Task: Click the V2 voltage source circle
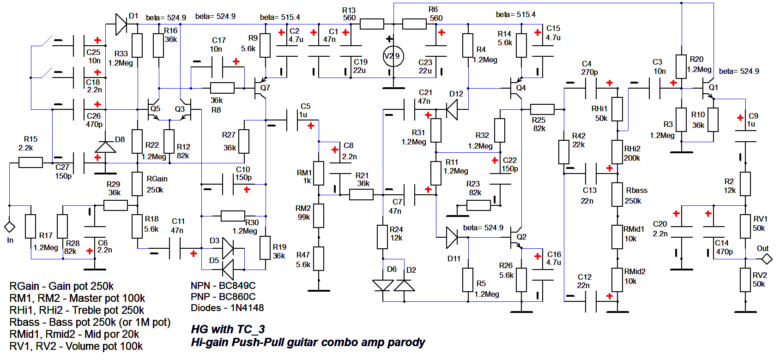point(393,56)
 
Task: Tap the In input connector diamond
point(9,227)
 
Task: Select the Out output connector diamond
point(767,258)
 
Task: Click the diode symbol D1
point(121,24)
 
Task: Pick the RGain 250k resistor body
point(137,184)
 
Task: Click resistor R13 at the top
point(372,24)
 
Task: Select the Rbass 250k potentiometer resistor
point(617,194)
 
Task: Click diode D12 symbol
point(452,109)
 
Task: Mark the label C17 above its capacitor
point(218,41)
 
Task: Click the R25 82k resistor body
point(542,109)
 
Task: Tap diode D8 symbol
point(105,147)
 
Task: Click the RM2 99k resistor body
point(319,216)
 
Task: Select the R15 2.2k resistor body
point(31,162)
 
